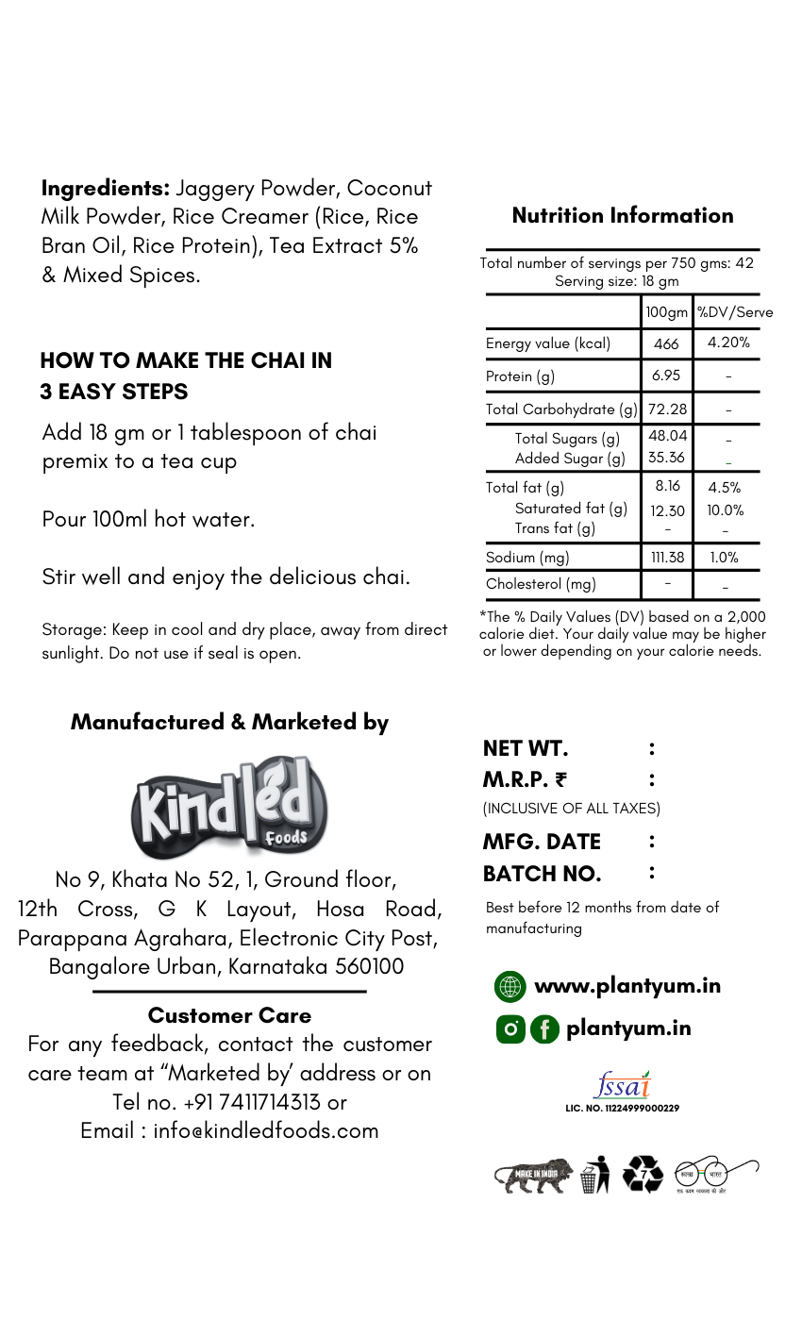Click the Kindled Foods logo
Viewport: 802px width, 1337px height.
coord(229,808)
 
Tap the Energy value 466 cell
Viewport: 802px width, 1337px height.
coord(666,343)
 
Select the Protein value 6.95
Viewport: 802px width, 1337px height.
coord(666,376)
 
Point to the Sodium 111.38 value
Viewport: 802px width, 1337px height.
coord(667,558)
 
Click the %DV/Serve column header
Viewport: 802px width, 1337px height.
coord(734,312)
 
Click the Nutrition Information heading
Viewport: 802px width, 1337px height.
coord(623,215)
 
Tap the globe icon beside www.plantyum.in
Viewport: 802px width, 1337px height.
coord(510,987)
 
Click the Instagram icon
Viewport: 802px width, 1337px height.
coord(510,1029)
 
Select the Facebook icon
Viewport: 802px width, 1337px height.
coord(544,1029)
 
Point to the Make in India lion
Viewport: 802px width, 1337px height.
coord(533,1176)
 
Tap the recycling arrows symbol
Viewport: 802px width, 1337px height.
coord(643,1175)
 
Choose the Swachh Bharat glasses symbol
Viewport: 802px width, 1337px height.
coord(714,1175)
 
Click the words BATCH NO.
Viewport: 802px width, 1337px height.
coord(542,874)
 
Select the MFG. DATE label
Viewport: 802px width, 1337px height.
coord(542,842)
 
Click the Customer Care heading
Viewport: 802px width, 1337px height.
coord(229,1015)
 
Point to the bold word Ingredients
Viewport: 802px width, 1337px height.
coord(105,188)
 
